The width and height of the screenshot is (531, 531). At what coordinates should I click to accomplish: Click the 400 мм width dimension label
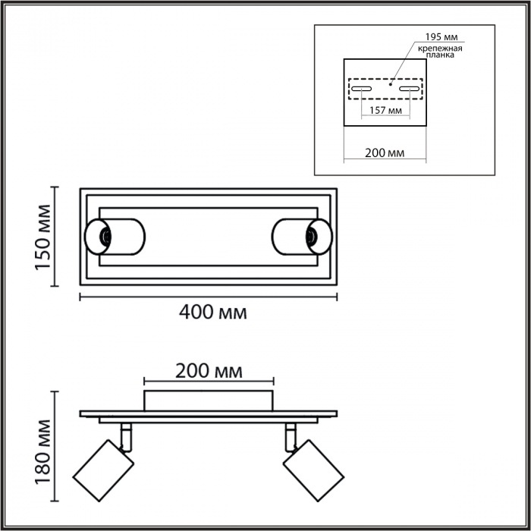[212, 313]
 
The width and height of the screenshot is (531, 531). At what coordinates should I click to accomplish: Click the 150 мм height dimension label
[43, 237]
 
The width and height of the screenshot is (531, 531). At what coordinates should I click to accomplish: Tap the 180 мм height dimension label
[43, 452]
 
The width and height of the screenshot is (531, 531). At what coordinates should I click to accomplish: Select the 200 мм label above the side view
[209, 371]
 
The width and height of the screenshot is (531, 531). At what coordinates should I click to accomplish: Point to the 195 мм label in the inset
[441, 36]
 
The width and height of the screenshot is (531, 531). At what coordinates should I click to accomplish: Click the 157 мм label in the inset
[385, 111]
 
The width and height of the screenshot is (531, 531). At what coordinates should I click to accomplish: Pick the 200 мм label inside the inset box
[385, 153]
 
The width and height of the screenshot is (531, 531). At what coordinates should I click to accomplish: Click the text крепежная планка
[440, 52]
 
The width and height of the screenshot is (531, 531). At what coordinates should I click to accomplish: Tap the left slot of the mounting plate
[361, 89]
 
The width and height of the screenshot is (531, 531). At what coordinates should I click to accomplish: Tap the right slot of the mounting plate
[410, 89]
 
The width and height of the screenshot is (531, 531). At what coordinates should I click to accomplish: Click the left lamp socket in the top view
[105, 237]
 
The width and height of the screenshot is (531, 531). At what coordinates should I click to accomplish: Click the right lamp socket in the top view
[311, 237]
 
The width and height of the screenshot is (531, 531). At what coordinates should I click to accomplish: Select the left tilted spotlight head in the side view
[103, 470]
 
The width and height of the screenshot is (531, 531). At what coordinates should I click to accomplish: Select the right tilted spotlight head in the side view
[313, 470]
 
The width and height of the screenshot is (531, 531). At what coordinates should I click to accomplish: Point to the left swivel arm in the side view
[126, 438]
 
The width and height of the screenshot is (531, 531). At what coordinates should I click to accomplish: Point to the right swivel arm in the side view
[291, 438]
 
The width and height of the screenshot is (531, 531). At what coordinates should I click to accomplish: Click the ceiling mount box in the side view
[209, 401]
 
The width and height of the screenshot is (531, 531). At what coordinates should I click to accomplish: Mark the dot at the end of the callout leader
[391, 84]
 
